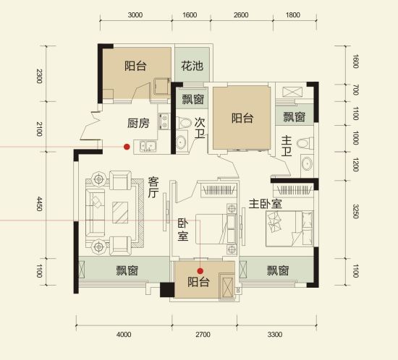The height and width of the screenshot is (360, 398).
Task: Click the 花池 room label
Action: point(192,66)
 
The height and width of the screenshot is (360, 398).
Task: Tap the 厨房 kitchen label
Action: point(138,123)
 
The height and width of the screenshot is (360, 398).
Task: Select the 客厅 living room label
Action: point(153,187)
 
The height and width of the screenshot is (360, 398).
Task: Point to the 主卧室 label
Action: point(266,204)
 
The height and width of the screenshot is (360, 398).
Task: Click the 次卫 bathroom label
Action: point(200,128)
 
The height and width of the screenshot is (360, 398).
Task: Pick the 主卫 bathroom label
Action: point(287,146)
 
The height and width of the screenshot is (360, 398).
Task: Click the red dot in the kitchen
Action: point(127,147)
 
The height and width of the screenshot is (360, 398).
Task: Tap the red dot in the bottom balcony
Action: point(200,271)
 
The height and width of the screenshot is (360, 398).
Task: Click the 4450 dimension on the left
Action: point(39,204)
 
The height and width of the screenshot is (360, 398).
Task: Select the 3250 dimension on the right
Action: point(355,211)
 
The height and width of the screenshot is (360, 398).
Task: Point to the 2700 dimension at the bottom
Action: point(203,335)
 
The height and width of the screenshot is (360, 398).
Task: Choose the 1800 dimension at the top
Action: point(293,15)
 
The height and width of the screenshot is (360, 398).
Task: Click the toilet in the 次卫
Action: point(184,123)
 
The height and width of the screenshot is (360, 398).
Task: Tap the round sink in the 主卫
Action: point(307,163)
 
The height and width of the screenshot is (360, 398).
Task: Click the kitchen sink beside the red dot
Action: point(148,146)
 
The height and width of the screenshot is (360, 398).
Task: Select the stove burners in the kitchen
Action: point(164,121)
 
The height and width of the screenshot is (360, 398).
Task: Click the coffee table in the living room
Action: point(120,213)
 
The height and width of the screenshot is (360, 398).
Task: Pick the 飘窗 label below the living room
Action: point(127,270)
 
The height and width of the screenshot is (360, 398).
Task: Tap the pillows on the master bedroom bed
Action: point(274,221)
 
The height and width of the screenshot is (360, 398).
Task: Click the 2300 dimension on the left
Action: point(39,76)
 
